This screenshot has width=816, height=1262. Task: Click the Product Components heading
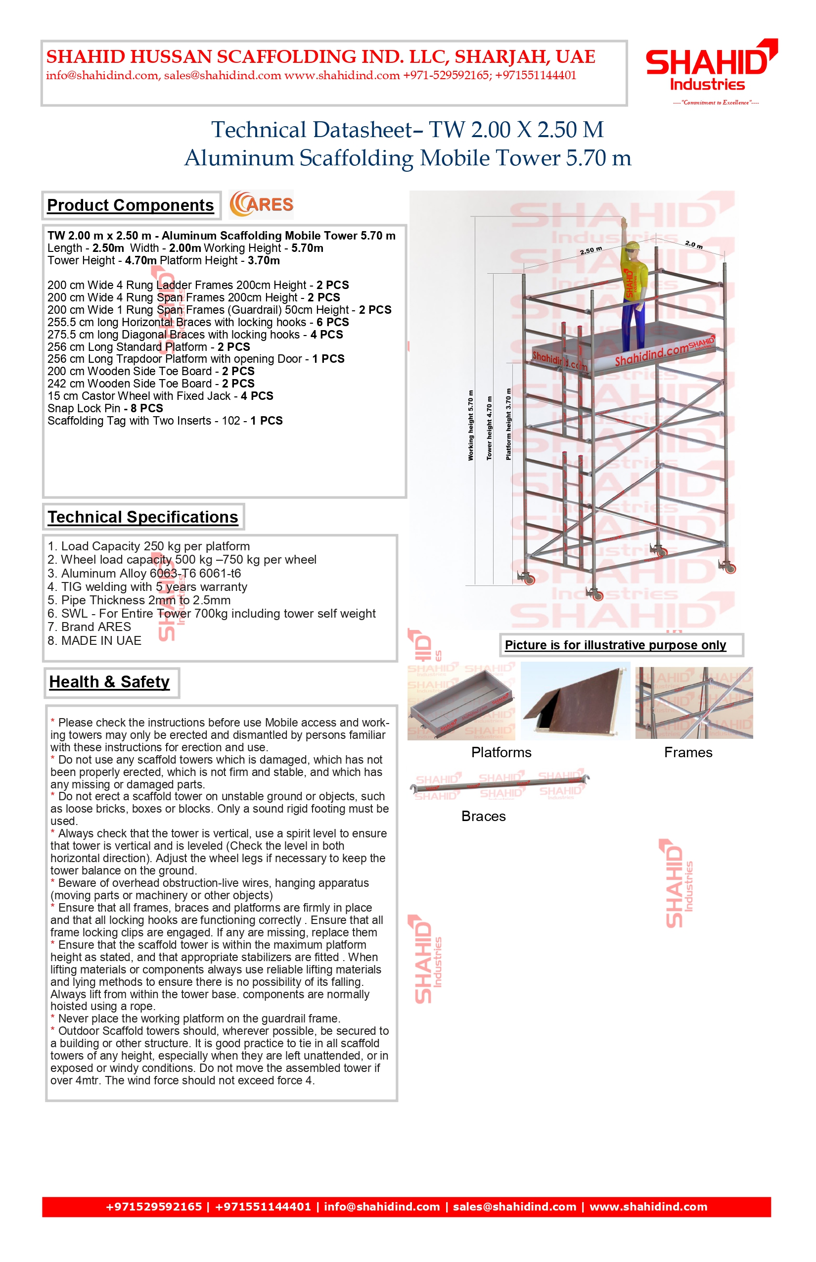[x=131, y=205]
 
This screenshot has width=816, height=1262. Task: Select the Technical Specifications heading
[x=143, y=517]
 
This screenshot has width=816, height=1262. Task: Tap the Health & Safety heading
[x=110, y=682]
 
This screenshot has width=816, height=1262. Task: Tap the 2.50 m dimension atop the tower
[x=590, y=250]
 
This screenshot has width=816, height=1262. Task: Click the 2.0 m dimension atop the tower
[x=693, y=244]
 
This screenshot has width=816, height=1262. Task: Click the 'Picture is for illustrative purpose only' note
[x=615, y=645]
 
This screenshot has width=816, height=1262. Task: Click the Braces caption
[x=483, y=816]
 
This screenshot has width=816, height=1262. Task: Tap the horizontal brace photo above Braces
[x=499, y=785]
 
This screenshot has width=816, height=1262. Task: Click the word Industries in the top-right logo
[x=707, y=85]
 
